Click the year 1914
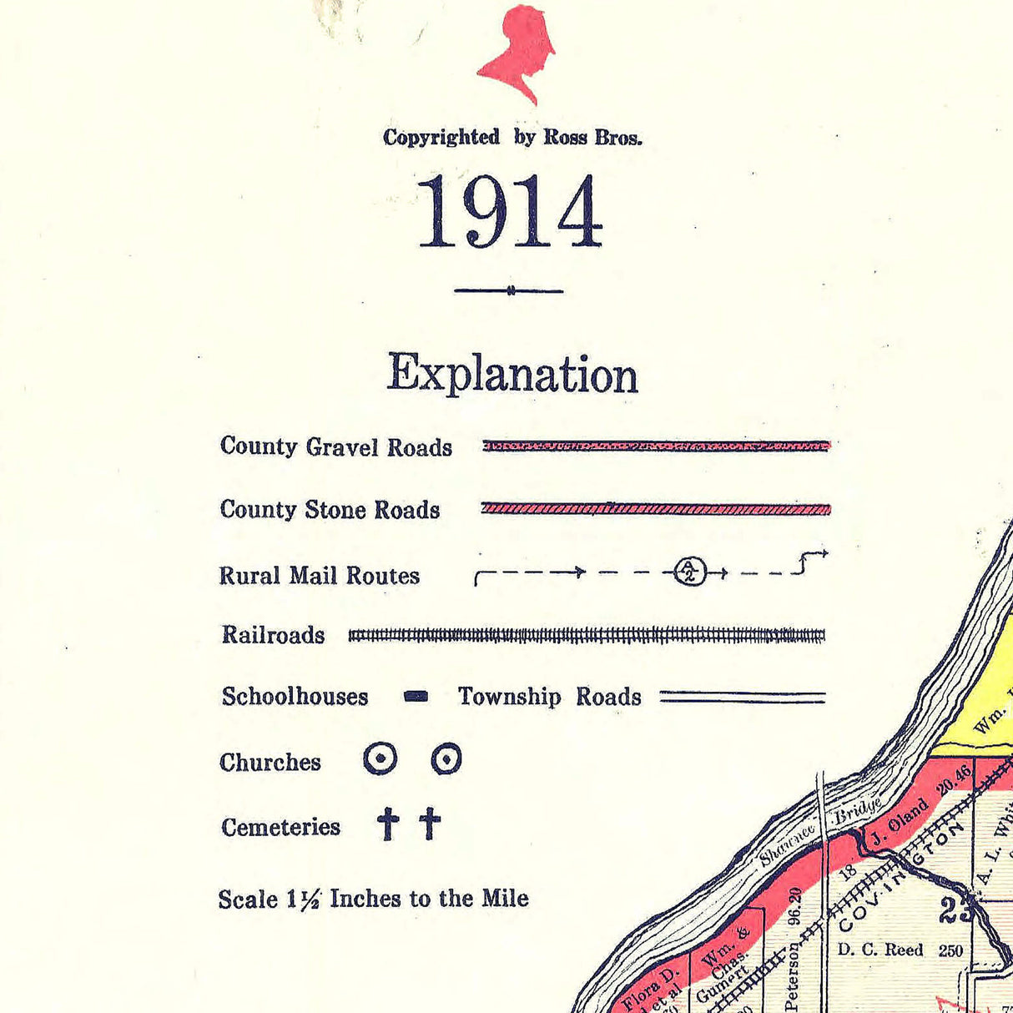509,213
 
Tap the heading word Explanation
512,374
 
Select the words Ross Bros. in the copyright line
592,138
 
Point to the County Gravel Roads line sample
656,446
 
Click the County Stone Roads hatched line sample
656,508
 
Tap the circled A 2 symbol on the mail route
689,572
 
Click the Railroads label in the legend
273,635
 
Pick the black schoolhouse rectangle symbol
416,697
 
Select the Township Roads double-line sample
742,697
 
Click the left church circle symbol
381,759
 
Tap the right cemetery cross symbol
430,824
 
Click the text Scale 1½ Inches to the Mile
373,899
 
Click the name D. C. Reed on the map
880,950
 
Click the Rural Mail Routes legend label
319,576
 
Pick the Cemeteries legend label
280,827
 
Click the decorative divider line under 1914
509,290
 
